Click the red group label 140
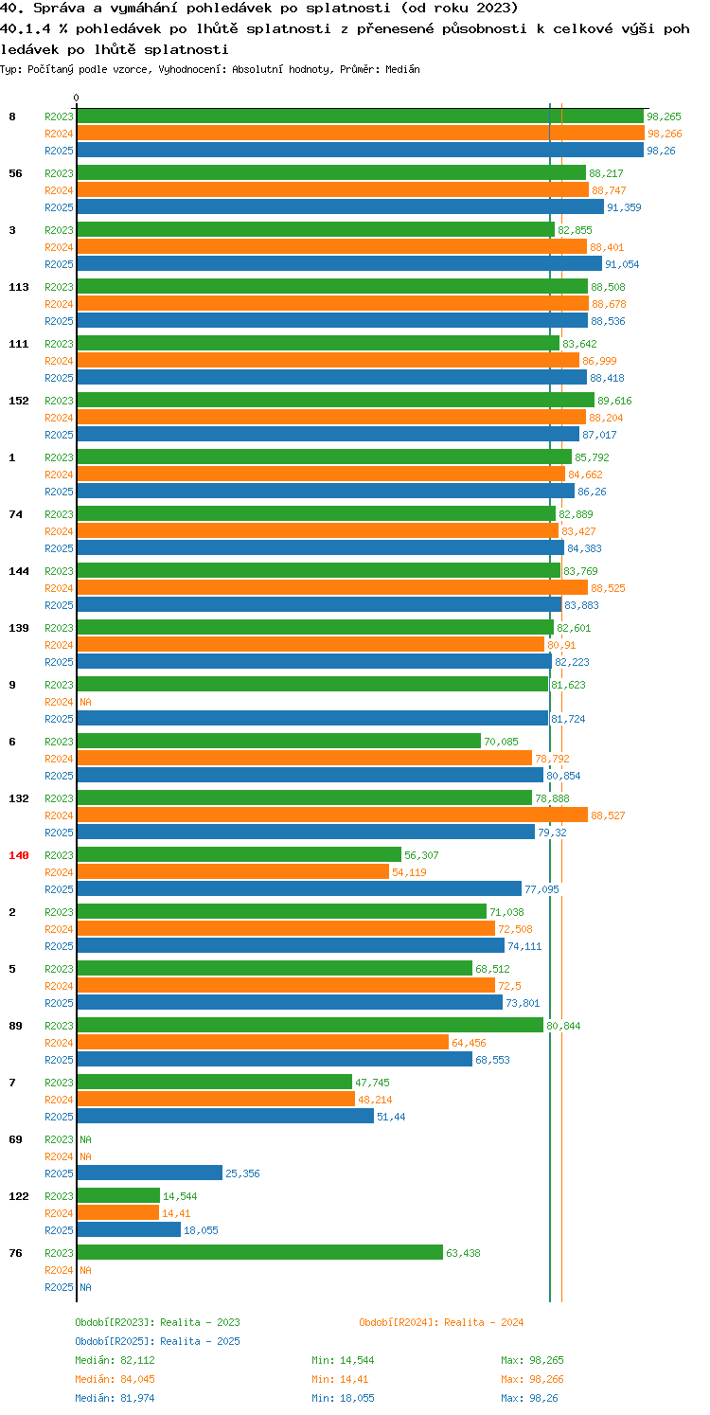click(x=19, y=855)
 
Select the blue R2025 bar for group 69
click(x=150, y=1173)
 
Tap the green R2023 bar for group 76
click(x=259, y=1253)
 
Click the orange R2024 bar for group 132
click(x=332, y=815)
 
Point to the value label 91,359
click(x=624, y=207)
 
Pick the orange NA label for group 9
click(x=85, y=702)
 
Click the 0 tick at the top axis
click(x=77, y=98)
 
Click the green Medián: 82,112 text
click(x=115, y=1360)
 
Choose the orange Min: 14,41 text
click(x=340, y=1379)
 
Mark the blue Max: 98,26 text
click(x=529, y=1398)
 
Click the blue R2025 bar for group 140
click(x=299, y=888)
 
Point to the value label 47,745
click(x=372, y=1083)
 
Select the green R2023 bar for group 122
click(x=118, y=1196)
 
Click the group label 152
click(x=19, y=401)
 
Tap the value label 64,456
click(x=469, y=1043)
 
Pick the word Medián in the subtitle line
click(x=402, y=69)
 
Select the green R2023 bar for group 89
click(x=311, y=1025)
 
